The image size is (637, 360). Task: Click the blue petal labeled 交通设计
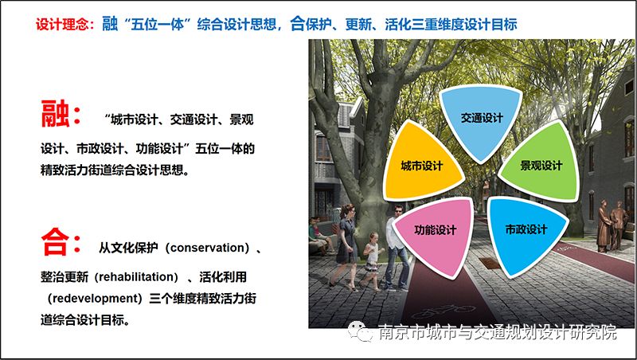[482, 119]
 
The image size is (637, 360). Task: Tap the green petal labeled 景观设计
[541, 166]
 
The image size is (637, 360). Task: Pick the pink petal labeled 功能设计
[435, 230]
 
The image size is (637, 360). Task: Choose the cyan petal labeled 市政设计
[526, 230]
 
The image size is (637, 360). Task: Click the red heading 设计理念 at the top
[64, 25]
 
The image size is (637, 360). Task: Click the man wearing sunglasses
[395, 239]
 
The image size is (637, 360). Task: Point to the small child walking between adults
[371, 255]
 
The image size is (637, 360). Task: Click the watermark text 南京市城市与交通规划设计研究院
[497, 333]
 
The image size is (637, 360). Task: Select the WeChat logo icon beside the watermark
[362, 333]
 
